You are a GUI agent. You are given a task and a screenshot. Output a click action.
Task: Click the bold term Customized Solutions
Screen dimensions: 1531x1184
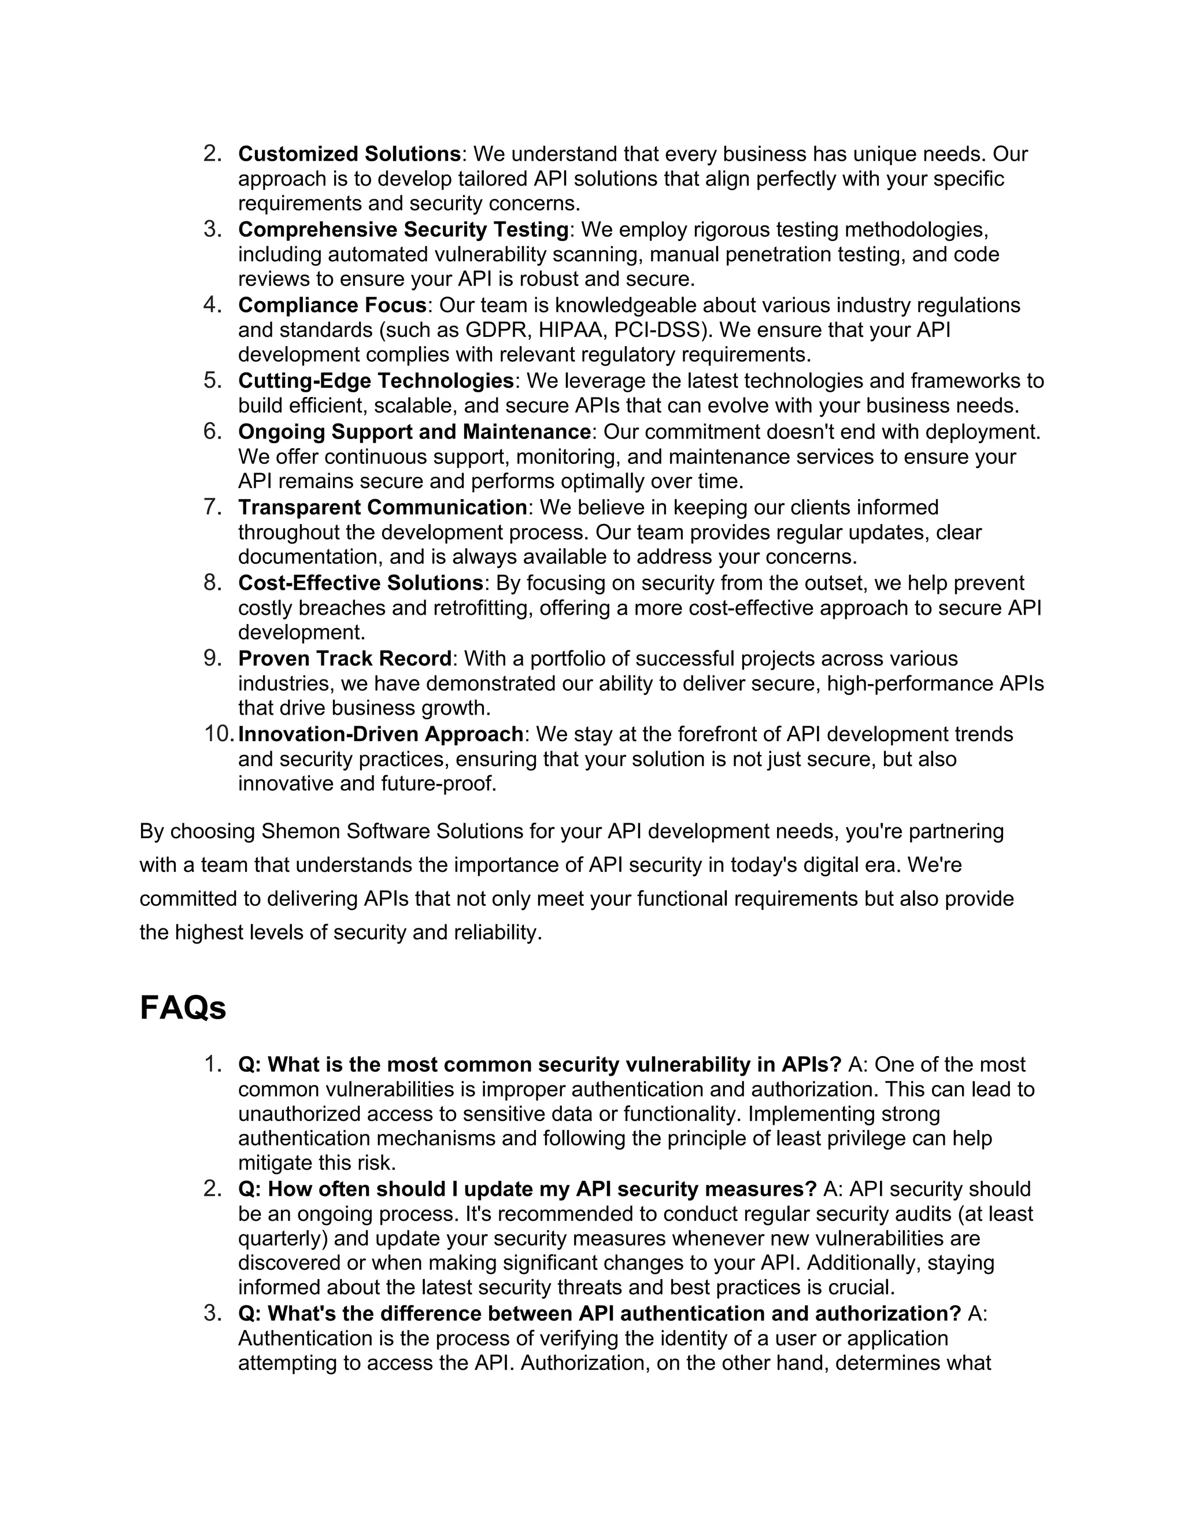(349, 154)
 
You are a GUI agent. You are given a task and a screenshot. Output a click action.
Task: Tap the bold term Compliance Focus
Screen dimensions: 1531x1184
(332, 306)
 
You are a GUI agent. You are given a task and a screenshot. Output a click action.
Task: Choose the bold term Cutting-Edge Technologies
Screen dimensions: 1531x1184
(376, 381)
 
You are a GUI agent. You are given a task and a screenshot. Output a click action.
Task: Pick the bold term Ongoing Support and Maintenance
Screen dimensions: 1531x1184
(414, 432)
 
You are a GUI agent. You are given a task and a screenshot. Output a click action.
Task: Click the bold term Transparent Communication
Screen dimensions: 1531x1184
(382, 507)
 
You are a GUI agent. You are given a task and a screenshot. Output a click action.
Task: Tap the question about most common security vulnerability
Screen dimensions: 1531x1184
(539, 1065)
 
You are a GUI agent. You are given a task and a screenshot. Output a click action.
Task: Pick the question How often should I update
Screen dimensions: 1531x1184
(527, 1190)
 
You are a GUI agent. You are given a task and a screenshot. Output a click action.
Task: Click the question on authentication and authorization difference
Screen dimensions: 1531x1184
(599, 1314)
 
